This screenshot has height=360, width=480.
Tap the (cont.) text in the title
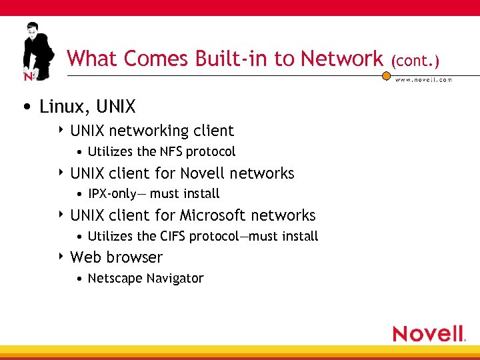tap(415, 61)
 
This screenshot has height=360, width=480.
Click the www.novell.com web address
tap(424, 79)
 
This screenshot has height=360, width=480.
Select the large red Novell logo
tap(428, 333)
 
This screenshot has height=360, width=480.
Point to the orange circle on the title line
tap(386, 76)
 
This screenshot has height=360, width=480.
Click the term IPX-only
tap(112, 194)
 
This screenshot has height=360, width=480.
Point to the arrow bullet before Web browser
tap(61, 257)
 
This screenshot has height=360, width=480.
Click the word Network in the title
tap(341, 59)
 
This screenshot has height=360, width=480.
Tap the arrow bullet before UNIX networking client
tap(61, 131)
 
